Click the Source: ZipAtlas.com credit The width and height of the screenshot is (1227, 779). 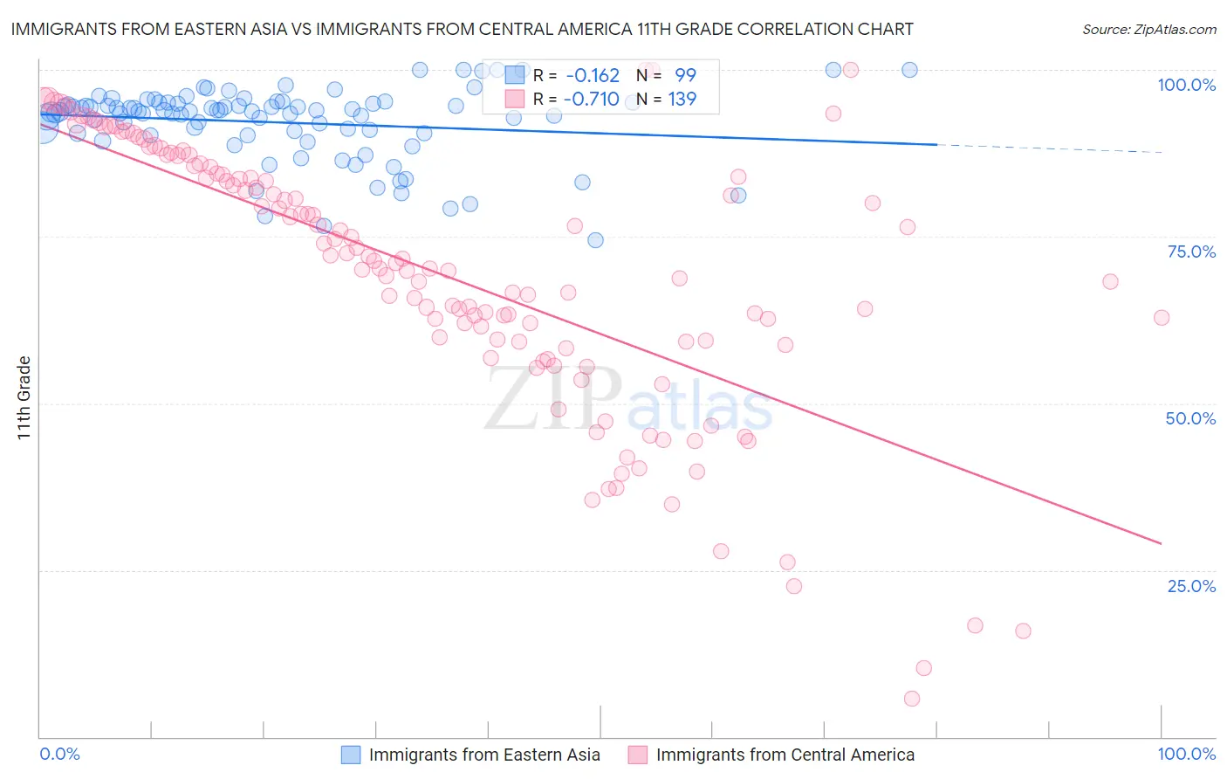tap(1148, 29)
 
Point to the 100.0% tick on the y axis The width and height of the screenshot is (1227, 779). tap(1186, 85)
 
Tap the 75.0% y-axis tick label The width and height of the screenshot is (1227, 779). tap(1191, 252)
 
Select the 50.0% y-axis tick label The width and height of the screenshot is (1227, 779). tap(1190, 418)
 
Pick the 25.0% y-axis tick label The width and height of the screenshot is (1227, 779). tap(1191, 585)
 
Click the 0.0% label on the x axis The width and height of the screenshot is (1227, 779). tap(59, 754)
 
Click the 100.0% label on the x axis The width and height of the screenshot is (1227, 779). tap(1186, 754)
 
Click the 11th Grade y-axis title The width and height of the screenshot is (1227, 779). tap(24, 397)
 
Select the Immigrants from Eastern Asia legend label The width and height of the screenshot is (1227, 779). tap(484, 755)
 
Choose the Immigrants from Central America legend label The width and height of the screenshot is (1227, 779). tap(785, 755)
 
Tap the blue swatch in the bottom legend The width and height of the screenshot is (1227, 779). tap(351, 755)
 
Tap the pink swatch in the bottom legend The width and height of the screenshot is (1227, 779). tap(638, 755)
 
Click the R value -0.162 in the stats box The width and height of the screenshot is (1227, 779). tap(592, 76)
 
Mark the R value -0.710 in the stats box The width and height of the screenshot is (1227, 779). tap(592, 99)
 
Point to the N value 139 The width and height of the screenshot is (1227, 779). tap(682, 99)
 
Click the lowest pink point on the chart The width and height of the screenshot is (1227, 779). tap(912, 699)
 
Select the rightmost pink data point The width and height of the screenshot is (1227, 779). tap(1162, 318)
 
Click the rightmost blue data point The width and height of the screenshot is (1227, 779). tap(909, 70)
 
